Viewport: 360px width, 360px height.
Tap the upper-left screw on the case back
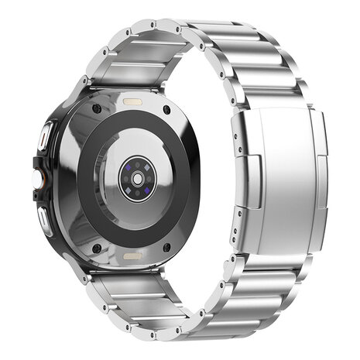click(x=95, y=108)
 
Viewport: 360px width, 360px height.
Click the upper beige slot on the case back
click(x=132, y=101)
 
